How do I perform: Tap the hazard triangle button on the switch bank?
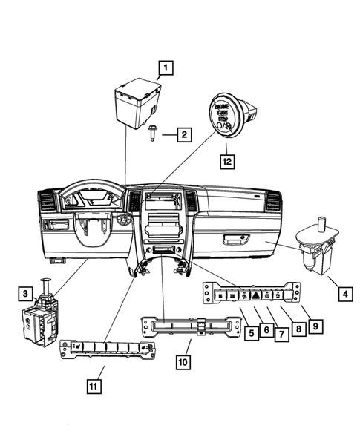click(256, 295)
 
